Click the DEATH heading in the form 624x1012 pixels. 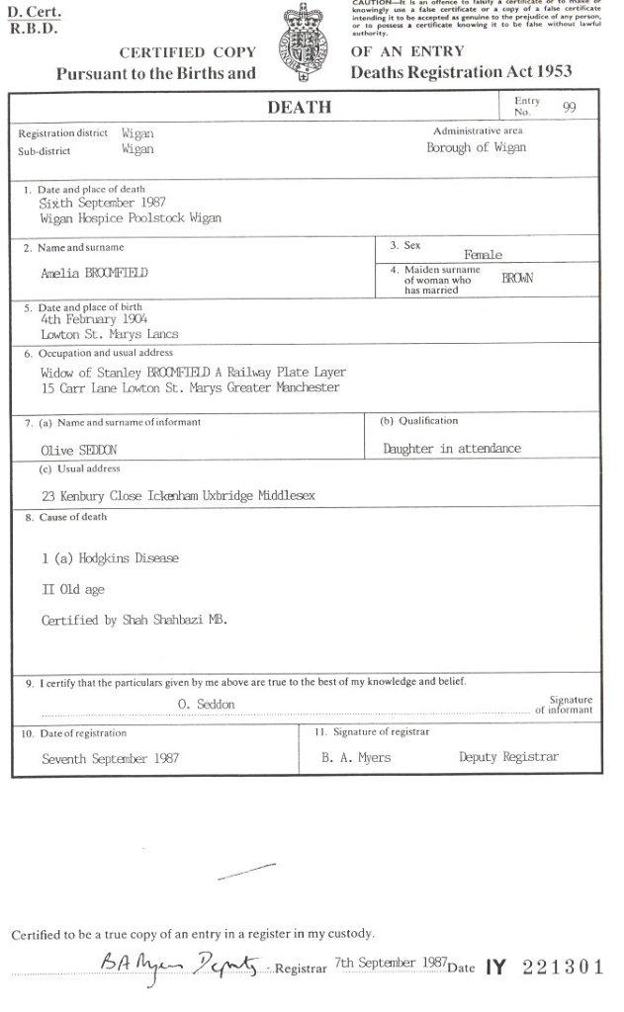pyautogui.click(x=299, y=108)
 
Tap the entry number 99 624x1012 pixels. pyautogui.click(x=570, y=108)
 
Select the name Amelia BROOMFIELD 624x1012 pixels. pyautogui.click(x=95, y=273)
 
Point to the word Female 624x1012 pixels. pyautogui.click(x=483, y=255)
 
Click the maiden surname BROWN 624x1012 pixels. pyautogui.click(x=517, y=279)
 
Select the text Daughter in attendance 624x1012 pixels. pyautogui.click(x=451, y=449)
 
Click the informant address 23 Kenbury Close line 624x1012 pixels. pyautogui.click(x=178, y=495)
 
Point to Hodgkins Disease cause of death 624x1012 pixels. pyautogui.click(x=111, y=558)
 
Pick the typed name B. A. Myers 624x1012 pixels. pyautogui.click(x=356, y=758)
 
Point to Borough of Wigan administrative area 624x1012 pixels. pyautogui.click(x=476, y=148)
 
